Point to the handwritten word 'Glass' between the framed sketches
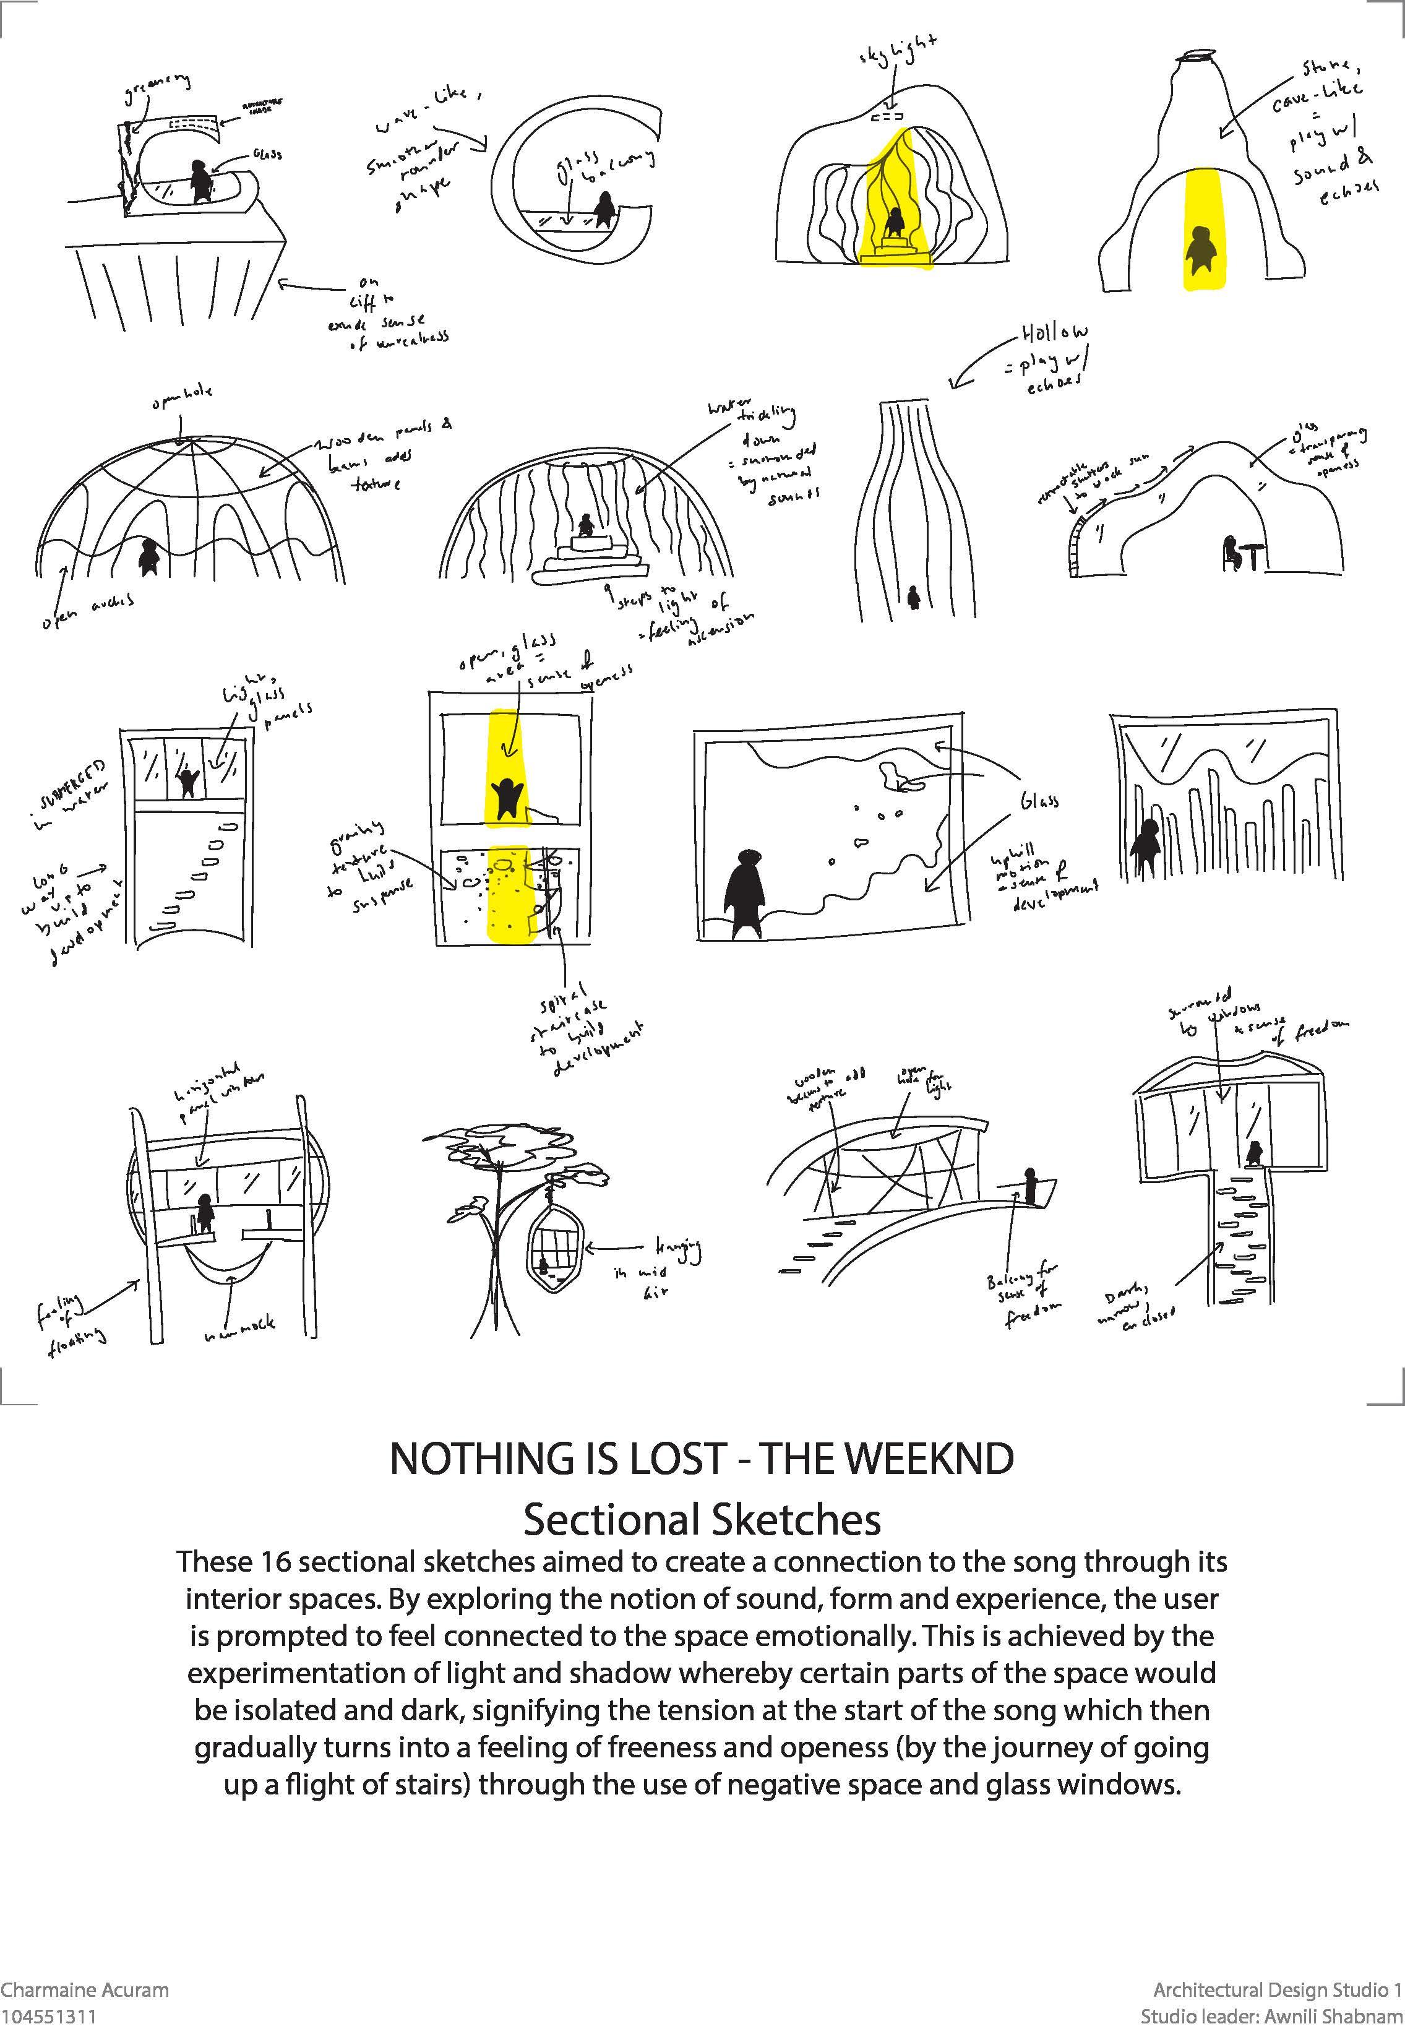pos(1039,799)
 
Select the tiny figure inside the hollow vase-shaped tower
pos(914,598)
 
